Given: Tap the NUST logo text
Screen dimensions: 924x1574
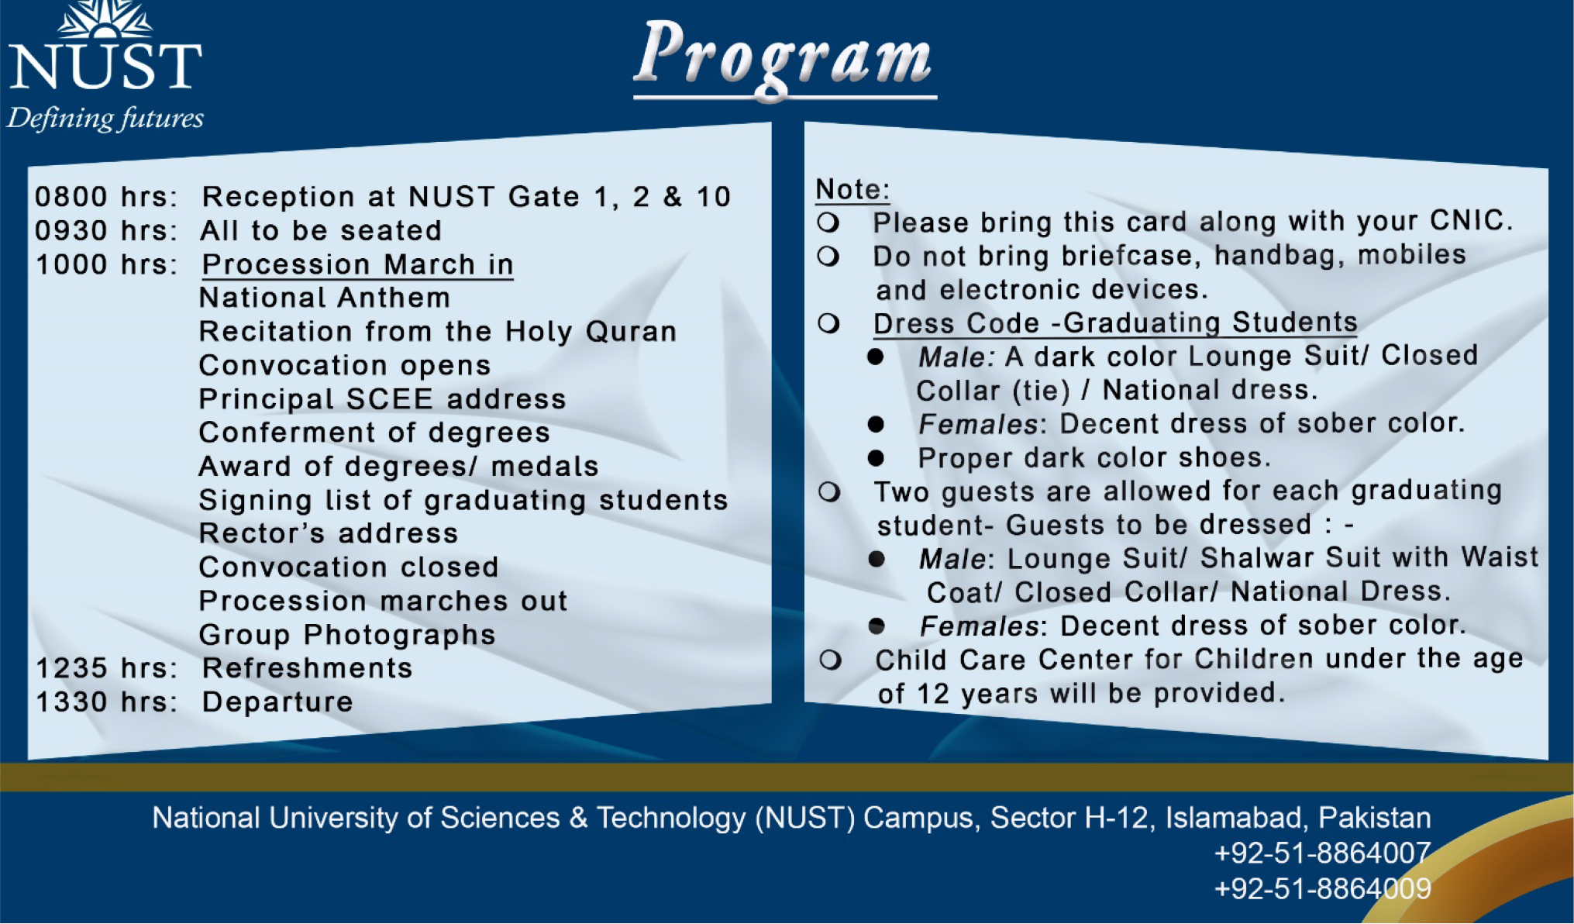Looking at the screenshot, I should point(105,66).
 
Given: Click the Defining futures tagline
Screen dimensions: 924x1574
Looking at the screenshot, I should point(105,119).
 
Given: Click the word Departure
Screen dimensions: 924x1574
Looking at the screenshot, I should point(277,702).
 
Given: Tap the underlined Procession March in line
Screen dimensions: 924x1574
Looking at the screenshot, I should point(357,265).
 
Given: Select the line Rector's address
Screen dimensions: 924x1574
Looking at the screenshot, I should point(329,534).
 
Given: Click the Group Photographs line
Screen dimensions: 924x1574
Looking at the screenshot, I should point(347,635).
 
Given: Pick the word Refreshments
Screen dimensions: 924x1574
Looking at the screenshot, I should point(307,668).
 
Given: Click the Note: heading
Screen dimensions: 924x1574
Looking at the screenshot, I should point(852,189).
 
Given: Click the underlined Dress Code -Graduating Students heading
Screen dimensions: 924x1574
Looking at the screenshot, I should point(1114,323).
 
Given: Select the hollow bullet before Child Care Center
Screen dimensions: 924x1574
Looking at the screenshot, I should point(830,660).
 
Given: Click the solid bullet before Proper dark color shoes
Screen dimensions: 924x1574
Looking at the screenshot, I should point(876,458).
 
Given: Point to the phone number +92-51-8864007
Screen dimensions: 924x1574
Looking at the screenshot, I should point(1322,853).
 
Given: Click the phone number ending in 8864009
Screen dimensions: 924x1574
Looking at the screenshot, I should point(1322,888).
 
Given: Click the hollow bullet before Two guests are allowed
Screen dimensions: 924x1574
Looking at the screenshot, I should point(829,492).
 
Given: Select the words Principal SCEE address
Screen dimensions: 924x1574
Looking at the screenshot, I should point(382,399).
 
